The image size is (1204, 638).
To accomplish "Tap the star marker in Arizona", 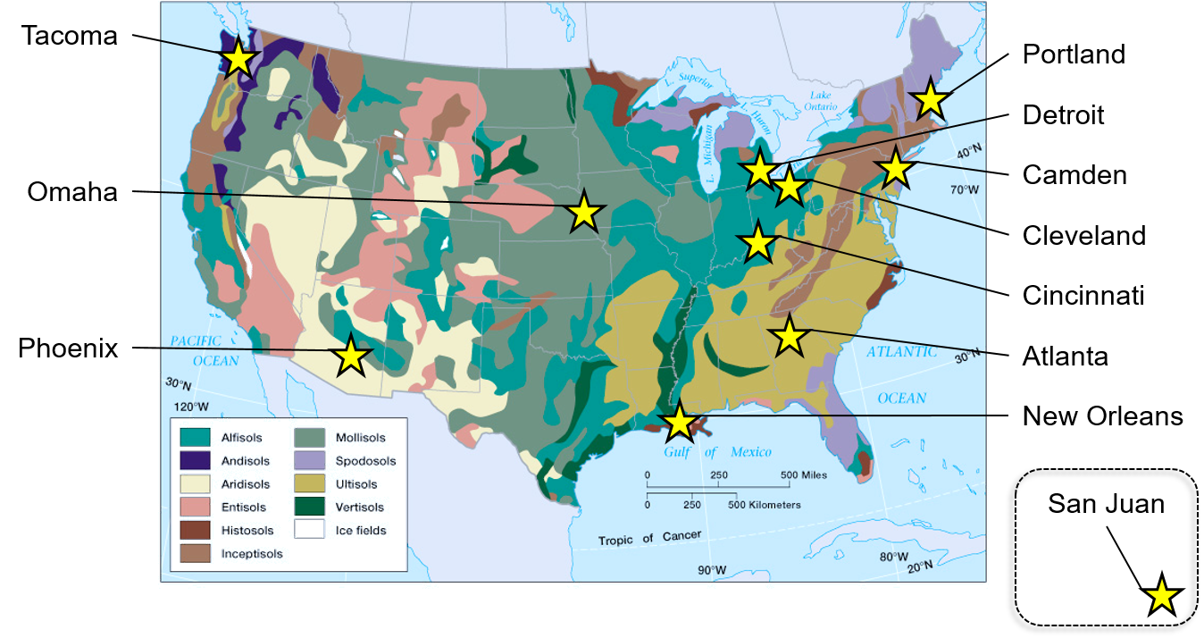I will tap(351, 356).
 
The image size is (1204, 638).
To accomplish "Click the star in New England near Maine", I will tap(930, 99).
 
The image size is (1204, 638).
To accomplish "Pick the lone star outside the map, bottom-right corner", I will tap(1161, 595).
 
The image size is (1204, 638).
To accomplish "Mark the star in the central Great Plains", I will tap(583, 212).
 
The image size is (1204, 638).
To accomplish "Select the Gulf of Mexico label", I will tap(717, 452).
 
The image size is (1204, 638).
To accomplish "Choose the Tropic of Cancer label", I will tap(649, 538).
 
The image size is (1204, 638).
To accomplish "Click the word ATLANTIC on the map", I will tap(901, 352).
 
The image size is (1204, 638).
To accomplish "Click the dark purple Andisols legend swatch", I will tap(195, 460).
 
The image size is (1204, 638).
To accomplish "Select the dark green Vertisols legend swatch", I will tap(309, 507).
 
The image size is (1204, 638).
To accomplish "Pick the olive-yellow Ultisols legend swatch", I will tap(309, 483).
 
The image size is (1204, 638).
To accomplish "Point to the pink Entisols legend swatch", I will tap(195, 507).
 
